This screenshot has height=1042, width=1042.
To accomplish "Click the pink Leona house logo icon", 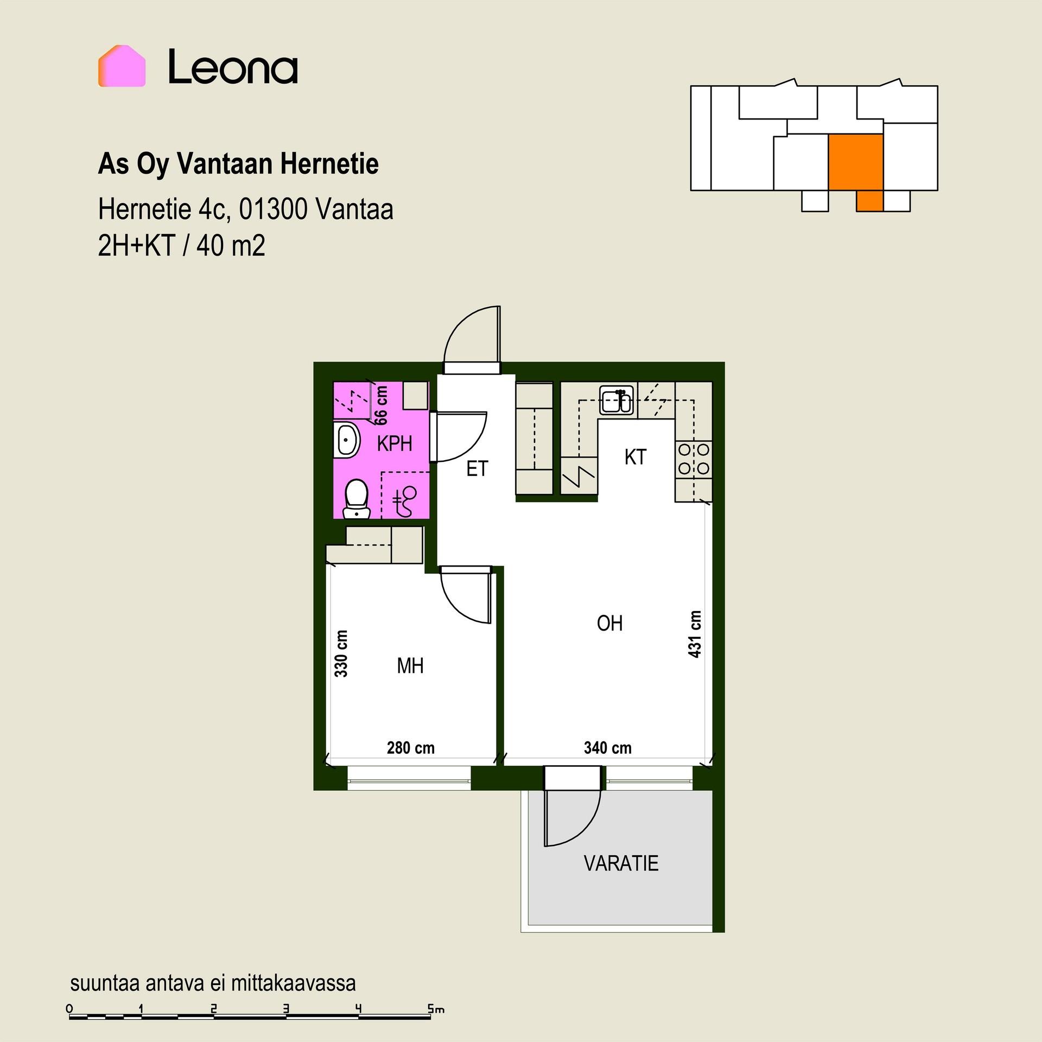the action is [122, 66].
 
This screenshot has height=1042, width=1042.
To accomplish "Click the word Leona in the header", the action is [233, 67].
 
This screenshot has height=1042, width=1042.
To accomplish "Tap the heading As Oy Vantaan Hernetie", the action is [238, 164].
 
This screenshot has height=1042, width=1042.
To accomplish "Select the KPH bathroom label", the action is [395, 444].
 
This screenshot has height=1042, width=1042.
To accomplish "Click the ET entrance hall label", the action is [477, 469].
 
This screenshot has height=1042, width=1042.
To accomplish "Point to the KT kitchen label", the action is [635, 457].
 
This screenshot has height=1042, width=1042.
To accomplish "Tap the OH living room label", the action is [609, 624].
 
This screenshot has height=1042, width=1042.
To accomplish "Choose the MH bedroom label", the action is [410, 666].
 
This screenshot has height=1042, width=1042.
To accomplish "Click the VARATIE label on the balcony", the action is [621, 863].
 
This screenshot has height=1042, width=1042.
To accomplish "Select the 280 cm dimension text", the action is [410, 748].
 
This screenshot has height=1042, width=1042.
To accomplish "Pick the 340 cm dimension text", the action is [607, 748].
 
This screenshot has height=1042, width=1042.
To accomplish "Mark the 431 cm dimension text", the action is [695, 634].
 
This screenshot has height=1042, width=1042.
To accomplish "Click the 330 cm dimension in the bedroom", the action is [341, 653].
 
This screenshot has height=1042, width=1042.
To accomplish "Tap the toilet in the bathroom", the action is [357, 498].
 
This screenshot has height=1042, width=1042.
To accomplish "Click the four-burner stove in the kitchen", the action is [694, 459].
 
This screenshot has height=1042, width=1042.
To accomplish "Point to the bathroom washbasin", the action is [348, 440].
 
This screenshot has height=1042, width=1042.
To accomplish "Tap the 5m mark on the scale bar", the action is [436, 1009].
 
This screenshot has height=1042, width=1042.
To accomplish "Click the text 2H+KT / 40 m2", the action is [182, 245].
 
